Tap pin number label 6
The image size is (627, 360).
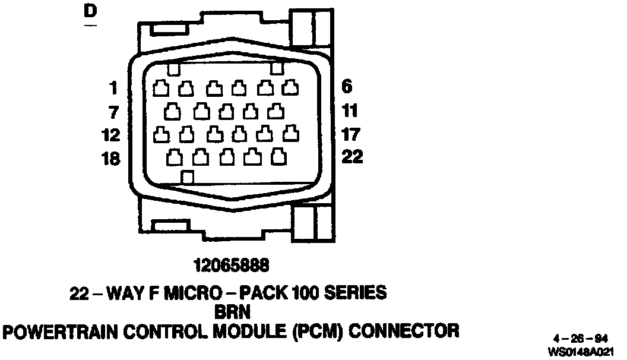click(347, 87)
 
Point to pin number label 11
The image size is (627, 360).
click(350, 110)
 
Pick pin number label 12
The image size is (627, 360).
click(110, 135)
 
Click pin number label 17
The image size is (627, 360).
click(351, 134)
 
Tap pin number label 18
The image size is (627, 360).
click(110, 159)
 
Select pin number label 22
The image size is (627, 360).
click(351, 157)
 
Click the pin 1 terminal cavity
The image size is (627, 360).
click(161, 89)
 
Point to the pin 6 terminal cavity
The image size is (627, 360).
click(290, 88)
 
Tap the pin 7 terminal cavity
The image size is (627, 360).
click(173, 111)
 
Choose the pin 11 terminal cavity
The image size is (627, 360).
click(276, 111)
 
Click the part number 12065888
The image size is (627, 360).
click(227, 264)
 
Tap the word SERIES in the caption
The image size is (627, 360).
click(356, 293)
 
